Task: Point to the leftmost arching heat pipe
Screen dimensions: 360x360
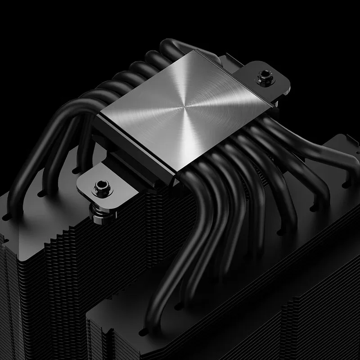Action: pyautogui.click(x=27, y=148)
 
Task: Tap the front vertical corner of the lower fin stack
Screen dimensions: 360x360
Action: pyautogui.click(x=90, y=333)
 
